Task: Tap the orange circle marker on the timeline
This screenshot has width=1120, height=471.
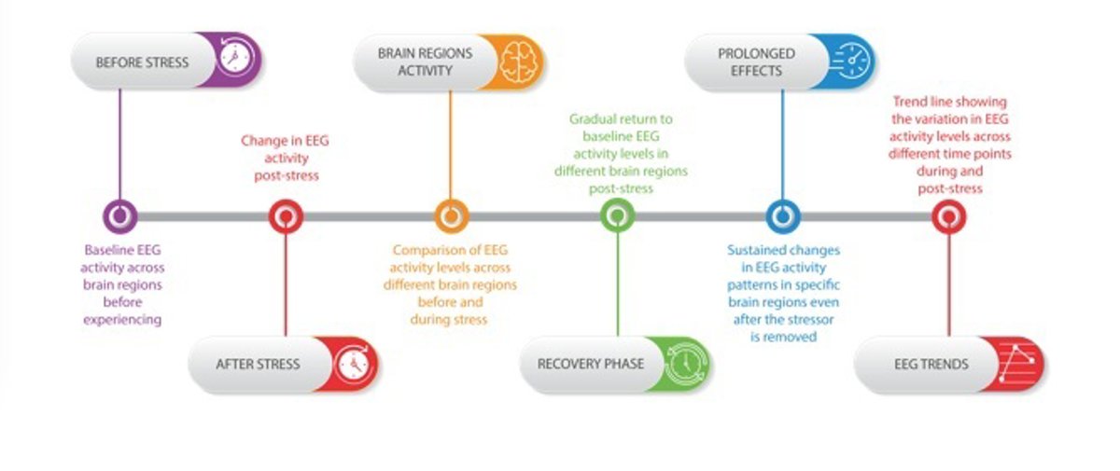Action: (451, 216)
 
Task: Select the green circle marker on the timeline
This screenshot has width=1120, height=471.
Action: (616, 216)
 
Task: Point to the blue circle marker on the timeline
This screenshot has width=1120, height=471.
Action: (782, 216)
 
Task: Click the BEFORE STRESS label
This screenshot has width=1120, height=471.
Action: (142, 63)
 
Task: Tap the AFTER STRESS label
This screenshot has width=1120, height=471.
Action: (258, 364)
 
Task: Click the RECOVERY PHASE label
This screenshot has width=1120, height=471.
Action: (590, 363)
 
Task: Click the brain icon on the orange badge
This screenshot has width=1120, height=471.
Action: (514, 62)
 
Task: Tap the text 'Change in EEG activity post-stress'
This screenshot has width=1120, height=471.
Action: (285, 158)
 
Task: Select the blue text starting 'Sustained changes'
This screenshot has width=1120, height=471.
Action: (783, 293)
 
